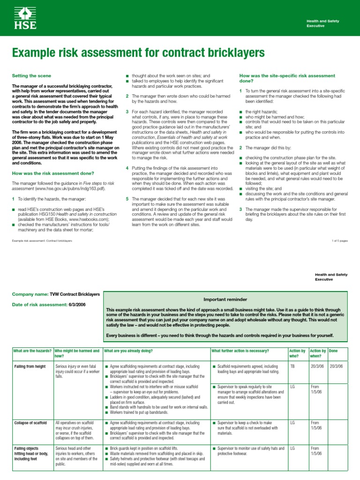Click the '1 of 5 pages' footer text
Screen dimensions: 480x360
[339, 240]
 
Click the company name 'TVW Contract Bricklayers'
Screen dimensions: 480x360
[75, 294]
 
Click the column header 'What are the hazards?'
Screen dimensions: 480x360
[32, 351]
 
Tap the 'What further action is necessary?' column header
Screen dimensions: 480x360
[240, 351]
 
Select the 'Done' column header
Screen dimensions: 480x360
[334, 351]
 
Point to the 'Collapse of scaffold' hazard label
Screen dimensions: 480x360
[30, 423]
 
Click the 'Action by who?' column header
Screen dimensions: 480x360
[297, 353]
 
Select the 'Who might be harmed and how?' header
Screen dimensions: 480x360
[77, 353]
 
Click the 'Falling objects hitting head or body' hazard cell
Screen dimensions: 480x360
[31, 454]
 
